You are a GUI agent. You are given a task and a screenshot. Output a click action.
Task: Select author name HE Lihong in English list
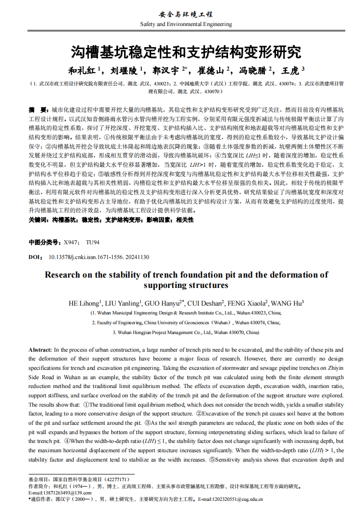point(84,303)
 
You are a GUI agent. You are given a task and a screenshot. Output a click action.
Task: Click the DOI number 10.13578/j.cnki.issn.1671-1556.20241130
point(99,257)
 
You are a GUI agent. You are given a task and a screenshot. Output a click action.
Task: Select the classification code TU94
point(92,242)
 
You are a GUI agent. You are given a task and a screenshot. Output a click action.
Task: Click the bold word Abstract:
point(40,350)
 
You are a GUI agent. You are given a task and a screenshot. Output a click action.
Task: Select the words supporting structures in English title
point(186,285)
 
